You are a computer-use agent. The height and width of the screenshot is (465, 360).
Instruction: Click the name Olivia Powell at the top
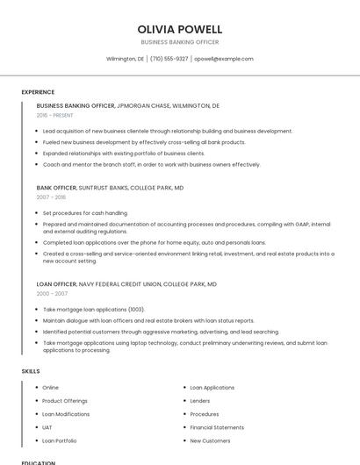pyautogui.click(x=180, y=29)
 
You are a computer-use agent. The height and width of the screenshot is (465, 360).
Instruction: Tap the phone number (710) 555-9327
pyautogui.click(x=169, y=59)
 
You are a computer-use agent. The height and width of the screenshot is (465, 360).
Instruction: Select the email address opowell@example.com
pyautogui.click(x=224, y=59)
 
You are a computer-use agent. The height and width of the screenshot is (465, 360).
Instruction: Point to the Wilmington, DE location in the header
pyautogui.click(x=125, y=59)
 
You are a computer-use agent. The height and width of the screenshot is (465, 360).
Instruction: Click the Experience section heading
pyautogui.click(x=38, y=92)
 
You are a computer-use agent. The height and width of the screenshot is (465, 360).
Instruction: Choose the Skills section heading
pyautogui.click(x=31, y=371)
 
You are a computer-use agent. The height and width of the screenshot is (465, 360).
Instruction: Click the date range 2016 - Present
pyautogui.click(x=55, y=115)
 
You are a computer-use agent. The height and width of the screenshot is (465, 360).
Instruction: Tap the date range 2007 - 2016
pyautogui.click(x=51, y=197)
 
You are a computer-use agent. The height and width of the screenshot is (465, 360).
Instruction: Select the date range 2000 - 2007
pyautogui.click(x=51, y=294)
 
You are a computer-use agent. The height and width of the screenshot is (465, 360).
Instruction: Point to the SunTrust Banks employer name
pyautogui.click(x=103, y=188)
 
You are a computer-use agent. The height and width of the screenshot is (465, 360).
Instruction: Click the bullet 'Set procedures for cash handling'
pyautogui.click(x=84, y=213)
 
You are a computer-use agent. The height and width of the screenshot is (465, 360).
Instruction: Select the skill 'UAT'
pyautogui.click(x=47, y=427)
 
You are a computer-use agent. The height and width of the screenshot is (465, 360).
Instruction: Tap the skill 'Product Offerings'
pyautogui.click(x=65, y=401)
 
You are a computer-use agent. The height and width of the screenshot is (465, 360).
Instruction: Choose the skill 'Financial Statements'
pyautogui.click(x=216, y=427)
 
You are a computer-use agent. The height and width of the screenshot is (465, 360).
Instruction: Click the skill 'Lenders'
pyautogui.click(x=200, y=401)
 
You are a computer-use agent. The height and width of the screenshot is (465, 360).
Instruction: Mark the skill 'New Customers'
pyautogui.click(x=210, y=440)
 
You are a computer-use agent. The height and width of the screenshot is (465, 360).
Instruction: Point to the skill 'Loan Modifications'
pyautogui.click(x=66, y=414)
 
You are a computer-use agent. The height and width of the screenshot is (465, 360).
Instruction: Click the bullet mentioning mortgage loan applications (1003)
pyautogui.click(x=93, y=310)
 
